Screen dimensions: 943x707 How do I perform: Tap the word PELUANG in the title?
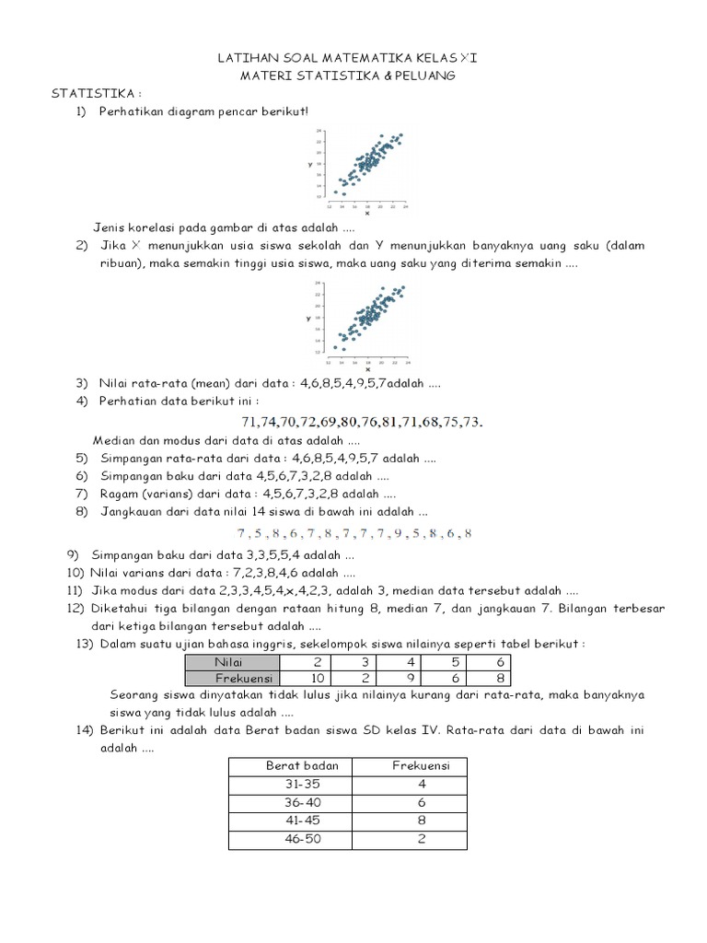point(425,76)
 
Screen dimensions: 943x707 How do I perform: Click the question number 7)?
point(83,494)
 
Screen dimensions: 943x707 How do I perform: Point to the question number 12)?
point(75,609)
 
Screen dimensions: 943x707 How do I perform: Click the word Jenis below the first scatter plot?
point(109,227)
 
